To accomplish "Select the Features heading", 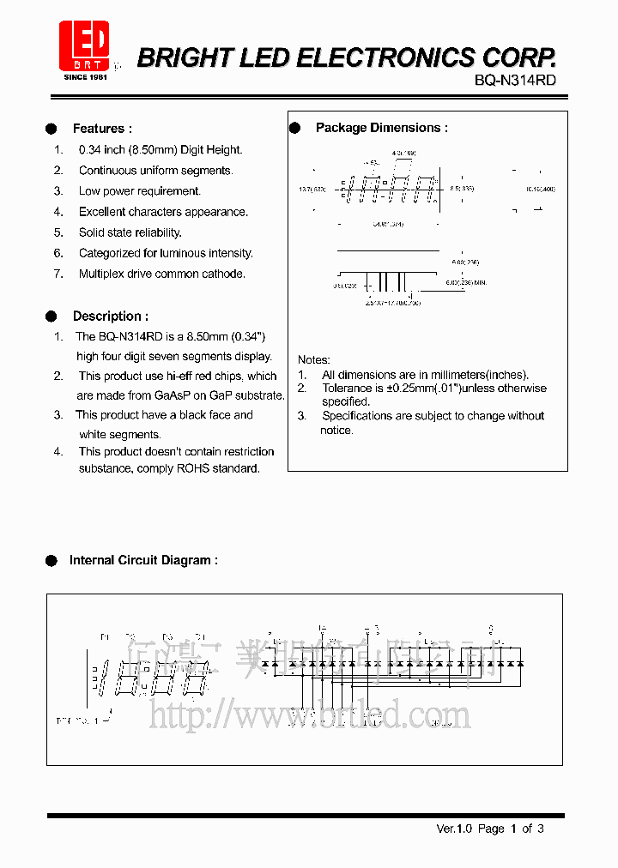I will [102, 129].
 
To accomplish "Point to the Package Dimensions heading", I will [381, 128].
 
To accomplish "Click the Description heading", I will [110, 316].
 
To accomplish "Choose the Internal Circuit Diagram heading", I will [143, 560].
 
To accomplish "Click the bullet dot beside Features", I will [51, 129].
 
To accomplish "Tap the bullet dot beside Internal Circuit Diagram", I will [51, 560].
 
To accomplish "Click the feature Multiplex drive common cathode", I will [161, 274].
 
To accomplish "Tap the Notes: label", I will [313, 359].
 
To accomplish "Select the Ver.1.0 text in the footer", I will [454, 829].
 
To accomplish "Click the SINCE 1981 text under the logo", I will [86, 77].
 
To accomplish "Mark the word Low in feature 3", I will [89, 191].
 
